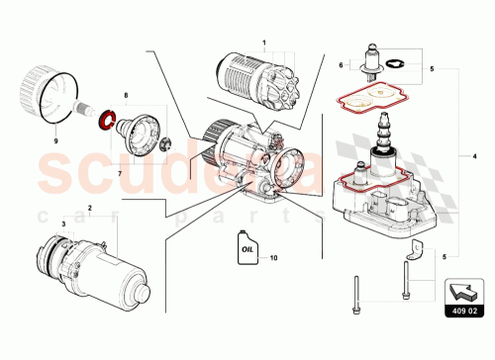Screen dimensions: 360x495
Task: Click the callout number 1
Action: click(x=264, y=44)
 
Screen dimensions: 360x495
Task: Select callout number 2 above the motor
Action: click(x=90, y=209)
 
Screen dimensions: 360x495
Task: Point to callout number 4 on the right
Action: click(x=474, y=155)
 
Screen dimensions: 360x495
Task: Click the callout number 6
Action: click(x=342, y=65)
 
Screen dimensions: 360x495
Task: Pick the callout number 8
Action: click(x=125, y=97)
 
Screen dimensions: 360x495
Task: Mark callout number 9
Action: click(x=55, y=141)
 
